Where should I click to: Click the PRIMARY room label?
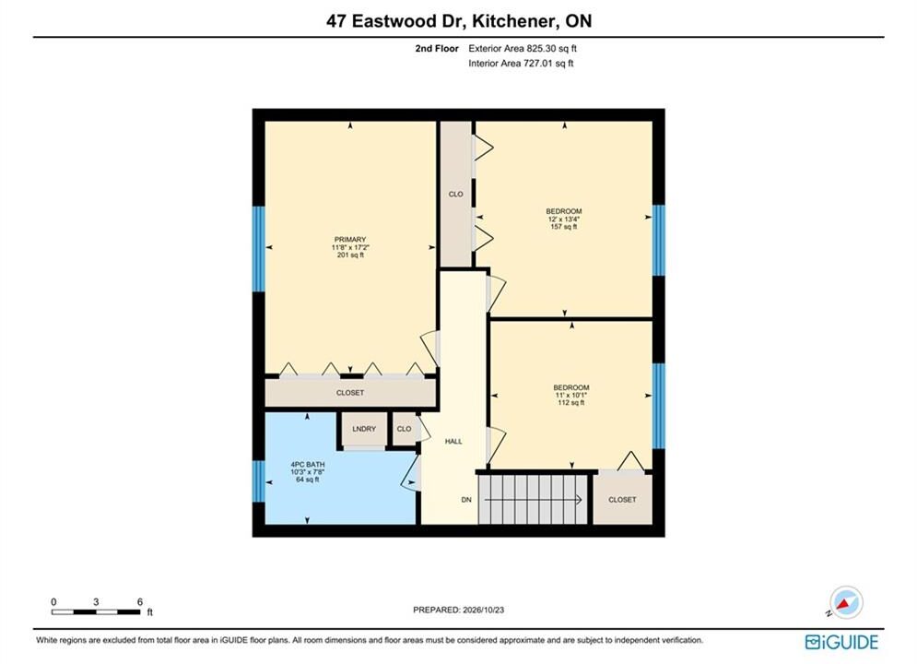350,239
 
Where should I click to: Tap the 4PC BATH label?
308,465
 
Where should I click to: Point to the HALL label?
453,442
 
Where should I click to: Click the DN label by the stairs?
466,500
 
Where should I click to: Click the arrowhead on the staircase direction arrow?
579,500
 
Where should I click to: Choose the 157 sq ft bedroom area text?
564,226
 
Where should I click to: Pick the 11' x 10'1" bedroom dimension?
571,395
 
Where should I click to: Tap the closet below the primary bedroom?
350,393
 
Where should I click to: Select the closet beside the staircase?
622,499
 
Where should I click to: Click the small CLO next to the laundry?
404,430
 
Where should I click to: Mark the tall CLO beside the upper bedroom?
455,194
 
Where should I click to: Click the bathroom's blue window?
258,480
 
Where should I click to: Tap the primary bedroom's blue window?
258,249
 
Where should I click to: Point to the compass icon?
846,602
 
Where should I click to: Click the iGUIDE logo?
841,643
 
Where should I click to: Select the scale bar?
96,612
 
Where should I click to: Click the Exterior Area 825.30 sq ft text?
523,49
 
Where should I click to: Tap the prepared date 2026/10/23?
483,610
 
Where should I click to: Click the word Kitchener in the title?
514,21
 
